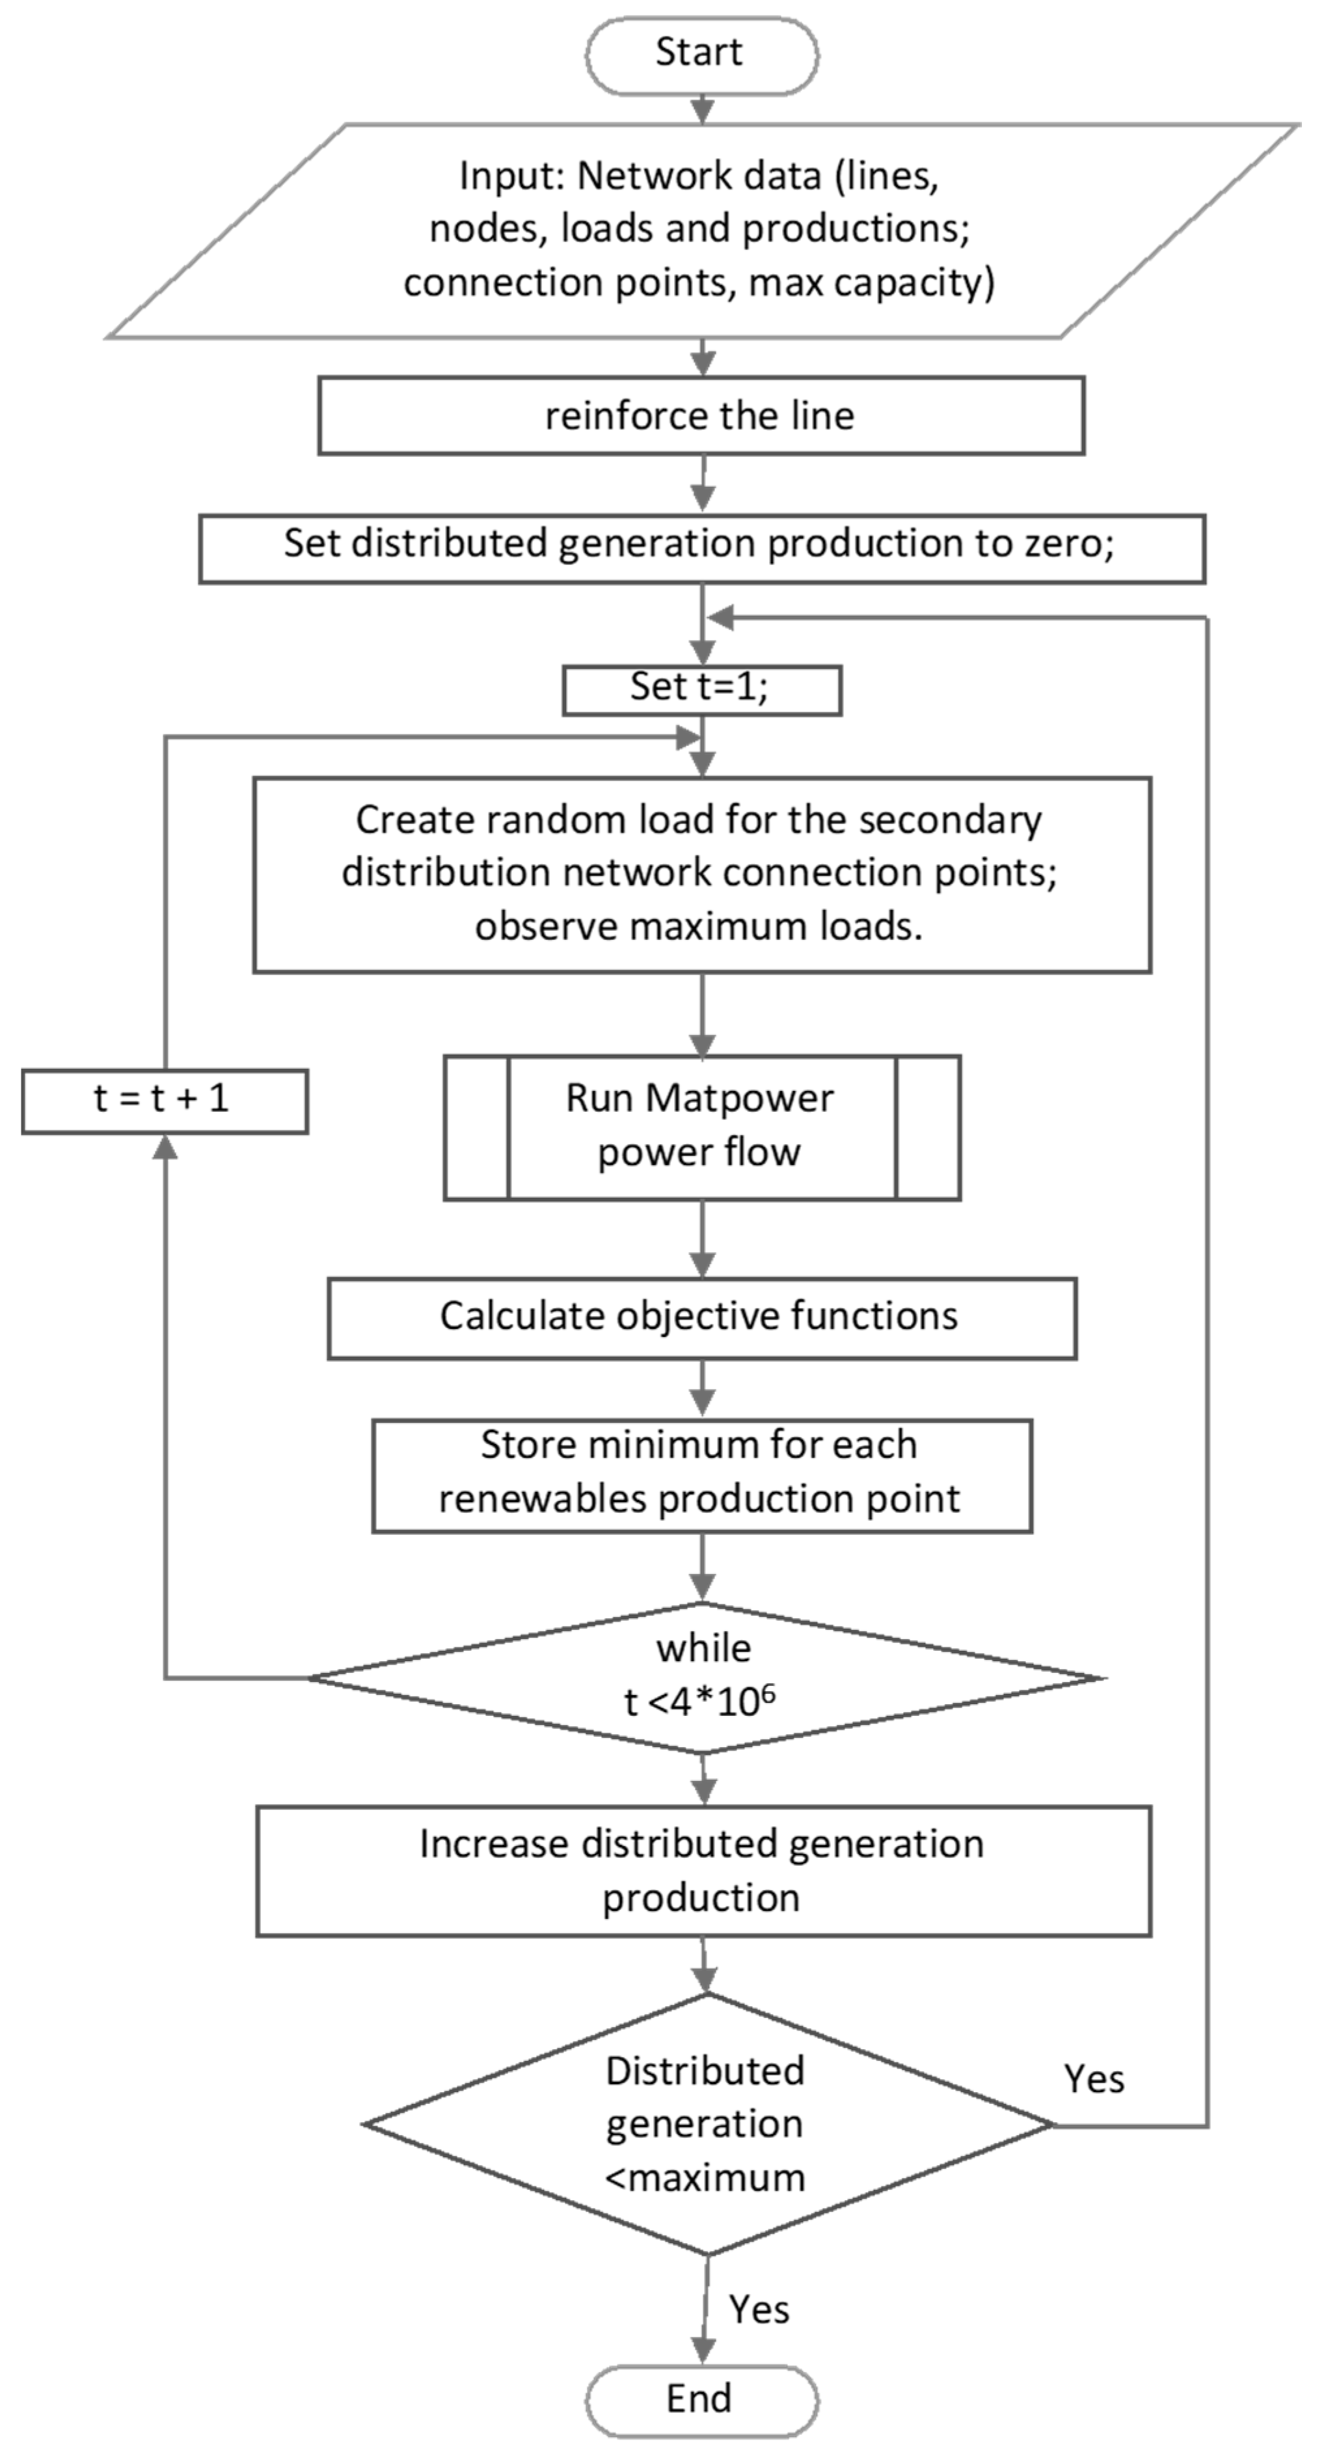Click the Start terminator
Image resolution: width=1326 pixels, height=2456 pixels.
pyautogui.click(x=701, y=54)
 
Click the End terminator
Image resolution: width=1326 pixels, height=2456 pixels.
pyautogui.click(x=701, y=2399)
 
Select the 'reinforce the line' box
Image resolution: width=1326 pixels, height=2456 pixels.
pyautogui.click(x=701, y=416)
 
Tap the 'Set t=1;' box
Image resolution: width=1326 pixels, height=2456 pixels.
pyautogui.click(x=701, y=689)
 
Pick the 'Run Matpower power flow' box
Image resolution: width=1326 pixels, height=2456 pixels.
pyautogui.click(x=701, y=1126)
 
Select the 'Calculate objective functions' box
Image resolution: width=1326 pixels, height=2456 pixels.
pyautogui.click(x=701, y=1318)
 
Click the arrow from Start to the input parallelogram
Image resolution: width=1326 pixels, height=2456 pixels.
pyautogui.click(x=703, y=108)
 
